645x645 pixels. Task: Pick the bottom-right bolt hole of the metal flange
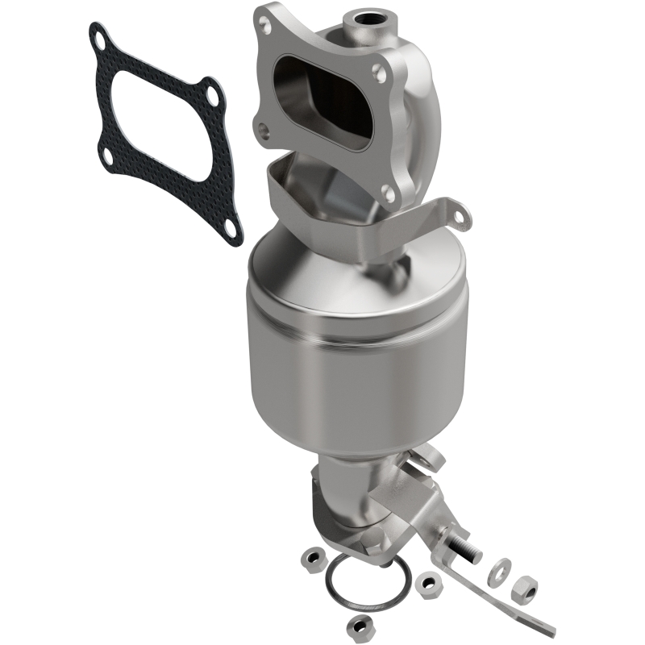tap(388, 193)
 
